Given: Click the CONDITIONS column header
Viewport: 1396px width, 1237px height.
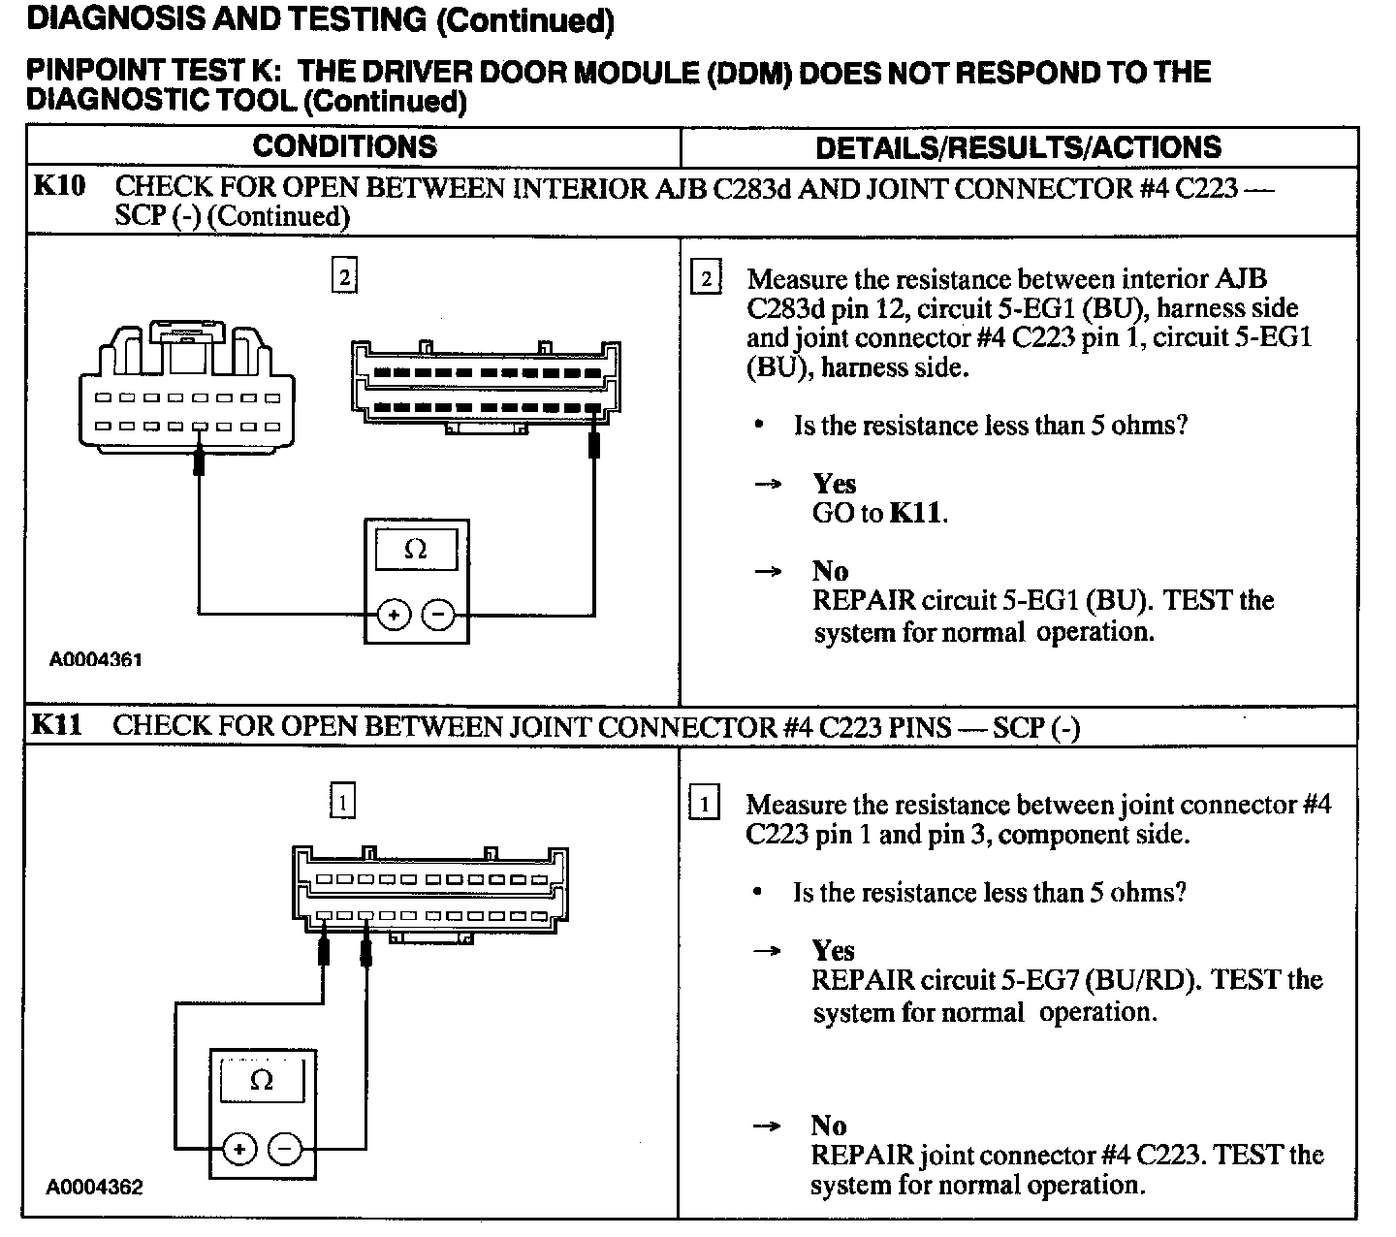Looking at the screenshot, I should (x=344, y=146).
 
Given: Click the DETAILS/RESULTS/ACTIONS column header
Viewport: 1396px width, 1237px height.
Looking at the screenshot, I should (x=1018, y=147).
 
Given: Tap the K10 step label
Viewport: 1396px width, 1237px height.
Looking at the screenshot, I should (x=59, y=186).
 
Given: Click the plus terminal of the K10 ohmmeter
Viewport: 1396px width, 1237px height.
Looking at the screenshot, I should (x=394, y=615).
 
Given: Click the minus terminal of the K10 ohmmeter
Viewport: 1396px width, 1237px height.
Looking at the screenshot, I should (x=438, y=615).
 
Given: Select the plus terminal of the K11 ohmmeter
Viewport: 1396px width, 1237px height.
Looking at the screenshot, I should (x=239, y=1150).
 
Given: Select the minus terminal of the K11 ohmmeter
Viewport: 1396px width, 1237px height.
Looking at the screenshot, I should (x=285, y=1150).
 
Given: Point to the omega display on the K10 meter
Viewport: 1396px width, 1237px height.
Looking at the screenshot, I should (x=416, y=550).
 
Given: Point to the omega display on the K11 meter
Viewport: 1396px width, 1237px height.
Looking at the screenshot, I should (x=263, y=1081).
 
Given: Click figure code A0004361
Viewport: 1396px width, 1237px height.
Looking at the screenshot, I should (x=96, y=660).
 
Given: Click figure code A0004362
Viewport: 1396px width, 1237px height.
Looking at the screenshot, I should (x=94, y=1188).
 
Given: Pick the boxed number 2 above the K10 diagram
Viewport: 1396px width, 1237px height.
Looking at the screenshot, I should (x=344, y=277).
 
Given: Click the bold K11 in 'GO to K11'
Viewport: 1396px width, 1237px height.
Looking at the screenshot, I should (x=915, y=513).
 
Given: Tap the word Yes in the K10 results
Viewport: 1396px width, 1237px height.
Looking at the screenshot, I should (x=834, y=483).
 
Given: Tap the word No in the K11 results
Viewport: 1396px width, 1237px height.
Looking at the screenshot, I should (x=829, y=1126).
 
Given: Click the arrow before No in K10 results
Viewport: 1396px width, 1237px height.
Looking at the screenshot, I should (x=768, y=571).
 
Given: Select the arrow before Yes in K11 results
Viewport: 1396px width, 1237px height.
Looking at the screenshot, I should (x=768, y=951).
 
